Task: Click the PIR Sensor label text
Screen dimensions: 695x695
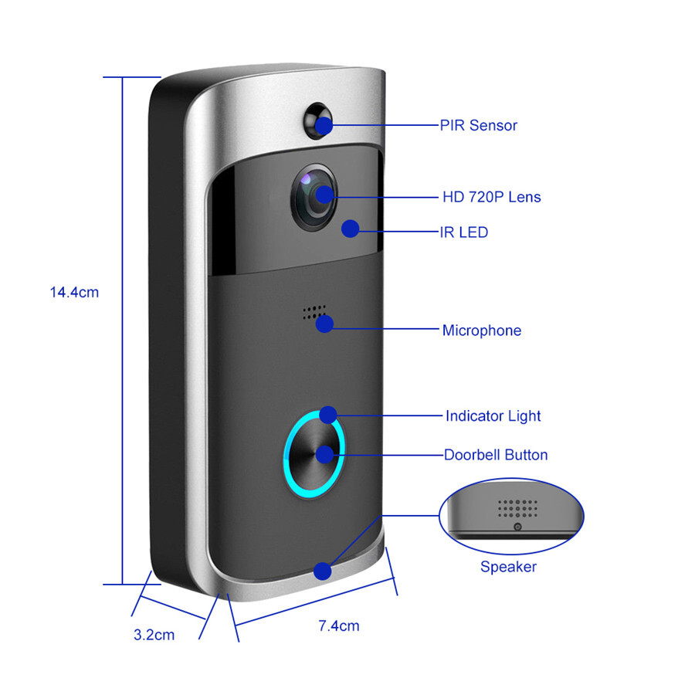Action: click(x=479, y=125)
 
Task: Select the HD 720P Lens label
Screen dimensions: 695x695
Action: click(x=491, y=197)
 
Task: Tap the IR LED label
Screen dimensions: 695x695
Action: click(x=463, y=232)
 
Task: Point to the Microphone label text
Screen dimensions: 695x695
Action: click(x=481, y=331)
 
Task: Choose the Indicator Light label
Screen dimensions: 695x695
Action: click(x=493, y=416)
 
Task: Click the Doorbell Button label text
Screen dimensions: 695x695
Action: click(x=495, y=455)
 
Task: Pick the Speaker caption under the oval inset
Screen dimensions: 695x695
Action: click(x=508, y=567)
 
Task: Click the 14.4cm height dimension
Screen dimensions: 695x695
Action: click(x=74, y=293)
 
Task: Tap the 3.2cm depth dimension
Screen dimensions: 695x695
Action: click(x=154, y=635)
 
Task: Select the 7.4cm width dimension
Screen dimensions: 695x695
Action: click(x=339, y=625)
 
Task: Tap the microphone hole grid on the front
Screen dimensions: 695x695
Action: click(x=311, y=311)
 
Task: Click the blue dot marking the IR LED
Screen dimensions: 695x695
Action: click(x=351, y=229)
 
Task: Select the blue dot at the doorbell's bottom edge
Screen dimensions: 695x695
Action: click(x=323, y=571)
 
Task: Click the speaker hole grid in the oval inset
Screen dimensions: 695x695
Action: click(x=517, y=507)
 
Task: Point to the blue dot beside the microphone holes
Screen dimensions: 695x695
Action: click(x=324, y=324)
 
